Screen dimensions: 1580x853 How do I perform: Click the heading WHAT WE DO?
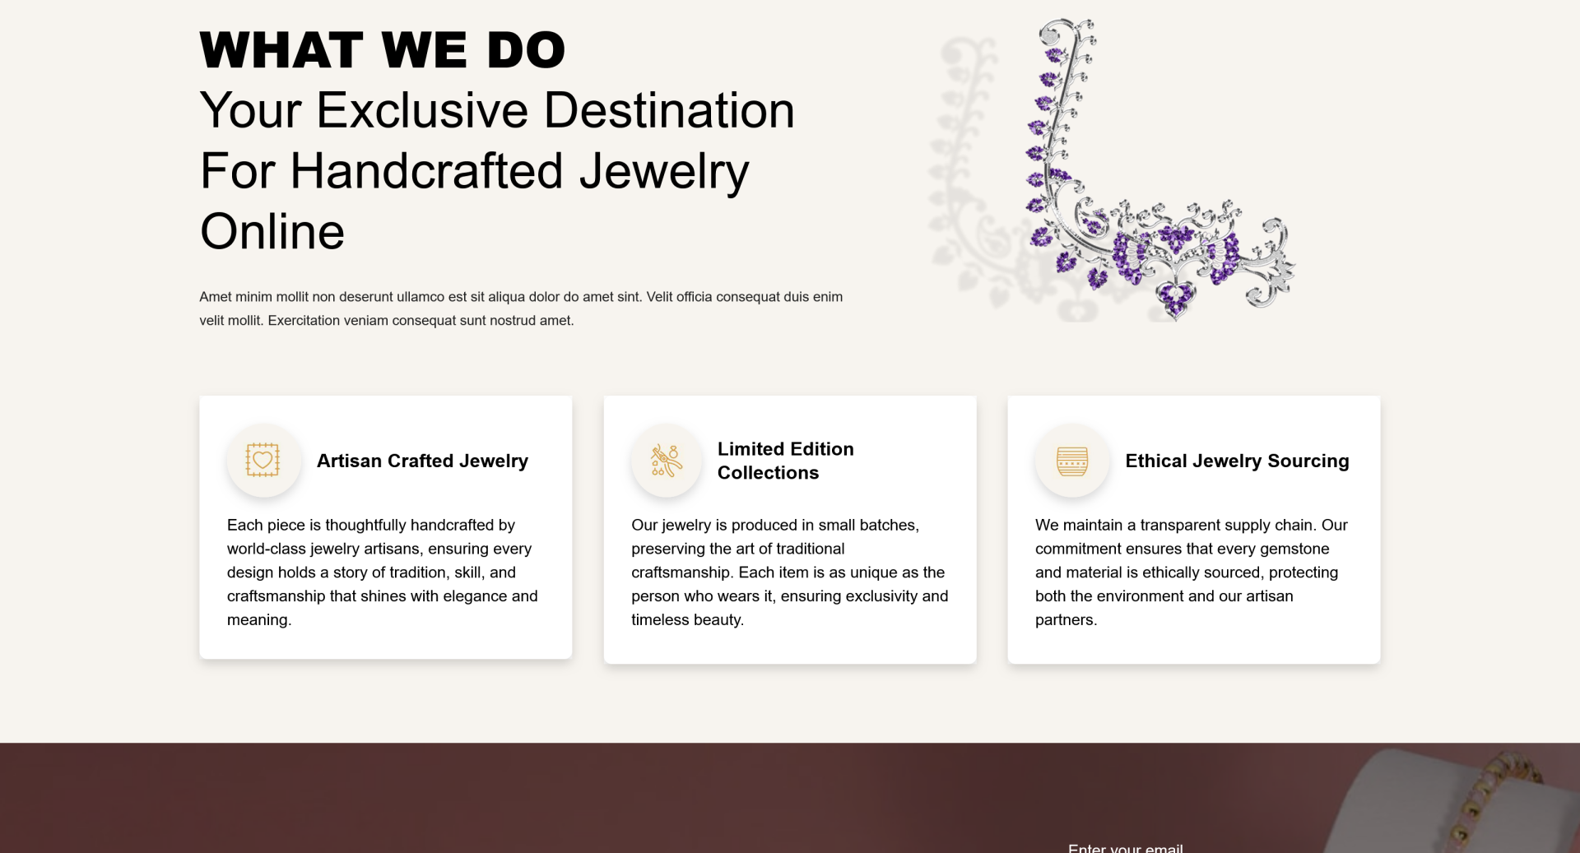coord(383,50)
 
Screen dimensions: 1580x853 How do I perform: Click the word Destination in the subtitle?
coord(669,110)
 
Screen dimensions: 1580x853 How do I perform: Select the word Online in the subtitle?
coord(272,232)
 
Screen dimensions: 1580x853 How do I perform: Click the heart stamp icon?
coord(263,460)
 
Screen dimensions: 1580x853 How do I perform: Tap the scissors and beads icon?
coord(667,461)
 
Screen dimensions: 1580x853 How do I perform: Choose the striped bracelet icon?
coord(1072,461)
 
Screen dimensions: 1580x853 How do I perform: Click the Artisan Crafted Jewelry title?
coord(422,461)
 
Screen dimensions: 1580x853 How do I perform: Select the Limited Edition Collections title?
coord(786,461)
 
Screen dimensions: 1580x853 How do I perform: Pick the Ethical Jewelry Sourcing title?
coord(1237,461)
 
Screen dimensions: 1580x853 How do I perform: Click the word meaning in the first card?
coord(258,620)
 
